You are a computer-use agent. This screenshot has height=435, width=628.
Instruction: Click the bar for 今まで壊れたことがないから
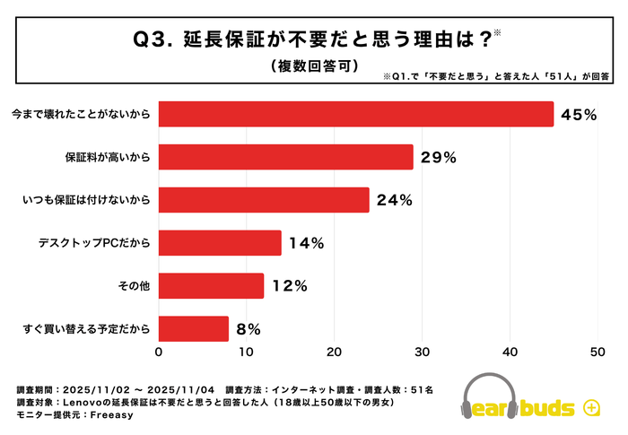(x=356, y=114)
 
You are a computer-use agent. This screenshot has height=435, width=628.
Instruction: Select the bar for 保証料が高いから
(x=285, y=157)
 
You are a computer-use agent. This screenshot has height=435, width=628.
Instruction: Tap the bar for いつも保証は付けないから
(x=264, y=200)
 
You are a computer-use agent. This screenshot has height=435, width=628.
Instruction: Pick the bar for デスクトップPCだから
(x=220, y=243)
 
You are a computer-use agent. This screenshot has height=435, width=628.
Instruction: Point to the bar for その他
(x=211, y=286)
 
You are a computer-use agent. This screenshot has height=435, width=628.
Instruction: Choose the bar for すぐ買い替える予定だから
(x=194, y=329)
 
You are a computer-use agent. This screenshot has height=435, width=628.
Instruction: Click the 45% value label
(x=579, y=114)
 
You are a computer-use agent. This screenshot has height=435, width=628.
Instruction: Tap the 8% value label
(x=250, y=329)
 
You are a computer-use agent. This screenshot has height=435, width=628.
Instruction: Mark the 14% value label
(x=306, y=243)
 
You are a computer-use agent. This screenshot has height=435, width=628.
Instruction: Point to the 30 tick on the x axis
(x=423, y=353)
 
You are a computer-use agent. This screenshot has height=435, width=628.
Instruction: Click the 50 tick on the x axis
(x=598, y=353)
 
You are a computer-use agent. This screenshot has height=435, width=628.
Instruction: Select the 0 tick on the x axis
(x=159, y=353)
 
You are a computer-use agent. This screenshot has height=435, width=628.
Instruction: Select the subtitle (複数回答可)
(x=314, y=65)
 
